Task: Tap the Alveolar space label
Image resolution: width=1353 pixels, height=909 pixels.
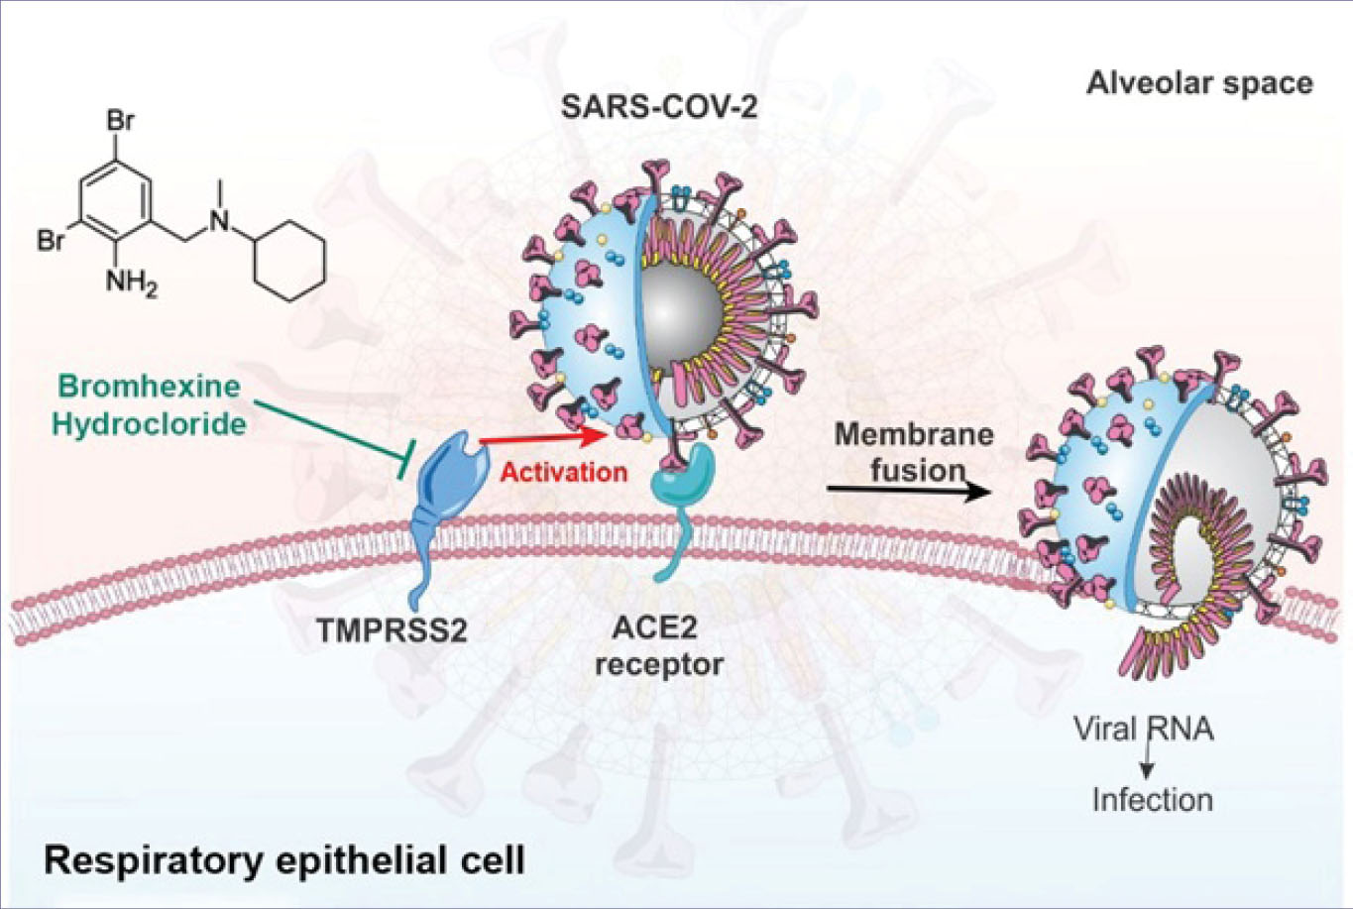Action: [1199, 82]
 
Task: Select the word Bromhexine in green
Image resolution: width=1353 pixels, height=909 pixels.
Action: [147, 386]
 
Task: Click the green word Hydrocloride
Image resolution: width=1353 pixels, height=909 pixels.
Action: [149, 423]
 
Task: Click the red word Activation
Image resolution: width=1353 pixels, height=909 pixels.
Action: [563, 471]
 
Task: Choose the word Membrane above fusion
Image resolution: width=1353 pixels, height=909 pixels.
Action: [913, 434]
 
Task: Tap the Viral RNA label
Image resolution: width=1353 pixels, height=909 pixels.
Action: [1143, 730]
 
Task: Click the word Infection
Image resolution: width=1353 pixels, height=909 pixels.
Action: [1152, 799]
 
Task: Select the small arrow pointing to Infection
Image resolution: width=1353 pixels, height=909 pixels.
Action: [1148, 763]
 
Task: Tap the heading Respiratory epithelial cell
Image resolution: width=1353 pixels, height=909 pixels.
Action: [284, 859]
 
